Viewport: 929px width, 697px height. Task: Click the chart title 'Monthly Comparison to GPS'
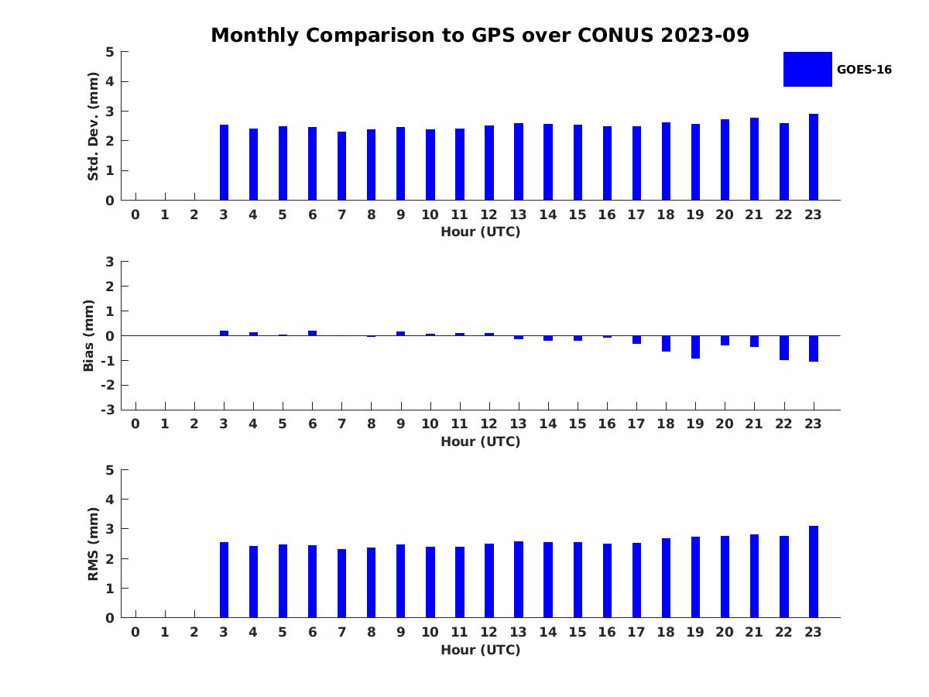(479, 36)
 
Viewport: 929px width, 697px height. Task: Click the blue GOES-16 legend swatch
(807, 70)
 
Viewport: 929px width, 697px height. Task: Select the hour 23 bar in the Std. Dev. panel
(814, 157)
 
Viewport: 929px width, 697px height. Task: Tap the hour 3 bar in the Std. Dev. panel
(225, 163)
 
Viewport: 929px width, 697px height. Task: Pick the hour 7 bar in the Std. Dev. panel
(342, 166)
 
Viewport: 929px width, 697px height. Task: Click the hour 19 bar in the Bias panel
(695, 347)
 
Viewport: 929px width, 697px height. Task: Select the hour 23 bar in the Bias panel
(814, 348)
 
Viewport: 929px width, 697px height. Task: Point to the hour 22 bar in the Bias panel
(784, 348)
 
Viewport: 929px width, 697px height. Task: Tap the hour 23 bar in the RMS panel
(814, 572)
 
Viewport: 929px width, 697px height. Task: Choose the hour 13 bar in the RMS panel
(519, 579)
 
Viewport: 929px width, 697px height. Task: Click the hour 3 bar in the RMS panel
(225, 580)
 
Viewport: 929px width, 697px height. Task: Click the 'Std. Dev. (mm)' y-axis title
(93, 126)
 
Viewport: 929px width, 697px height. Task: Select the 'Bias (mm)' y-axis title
(89, 335)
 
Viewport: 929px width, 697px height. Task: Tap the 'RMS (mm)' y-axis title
(93, 544)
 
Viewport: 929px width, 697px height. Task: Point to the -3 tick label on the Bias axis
(109, 410)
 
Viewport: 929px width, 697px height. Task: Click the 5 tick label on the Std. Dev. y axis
(111, 52)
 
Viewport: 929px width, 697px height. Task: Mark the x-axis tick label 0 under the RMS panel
(135, 632)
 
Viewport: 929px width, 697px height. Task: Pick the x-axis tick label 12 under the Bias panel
(489, 424)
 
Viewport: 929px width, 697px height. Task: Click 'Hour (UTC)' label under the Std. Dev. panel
(480, 232)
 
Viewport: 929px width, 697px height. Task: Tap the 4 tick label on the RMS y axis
(111, 500)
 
